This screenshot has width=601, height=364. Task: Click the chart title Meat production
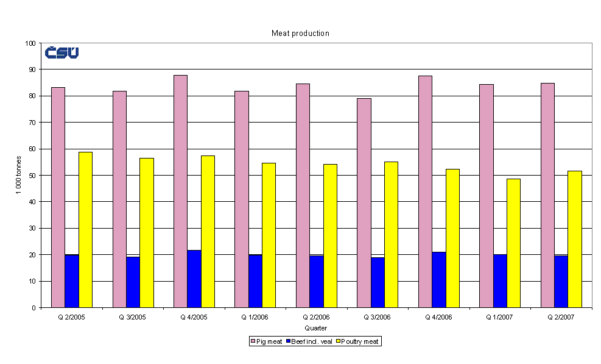pos(300,34)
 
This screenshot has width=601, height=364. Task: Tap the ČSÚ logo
pos(62,53)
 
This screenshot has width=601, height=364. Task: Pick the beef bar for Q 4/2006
pos(438,279)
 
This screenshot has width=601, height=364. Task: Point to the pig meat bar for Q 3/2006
pos(364,202)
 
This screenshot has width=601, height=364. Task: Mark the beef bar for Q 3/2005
pos(133,282)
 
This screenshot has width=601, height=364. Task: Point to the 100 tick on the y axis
pos(30,43)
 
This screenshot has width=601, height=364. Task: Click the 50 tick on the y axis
pos(32,176)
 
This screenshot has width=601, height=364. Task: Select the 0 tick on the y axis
pos(34,307)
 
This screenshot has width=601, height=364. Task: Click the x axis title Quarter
pos(316,328)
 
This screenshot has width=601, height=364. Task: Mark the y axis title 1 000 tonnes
pos(19,176)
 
